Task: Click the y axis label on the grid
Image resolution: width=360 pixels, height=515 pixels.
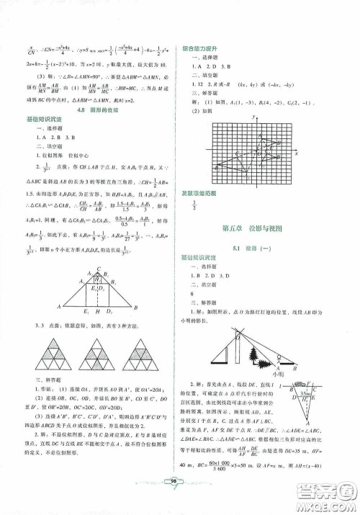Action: [x=254, y=117]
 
